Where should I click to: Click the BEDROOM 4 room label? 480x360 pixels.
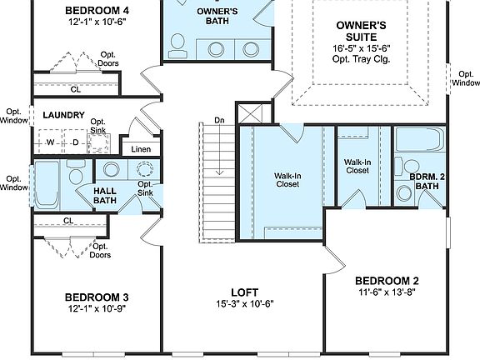point(98,11)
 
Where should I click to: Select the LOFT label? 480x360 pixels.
point(243,292)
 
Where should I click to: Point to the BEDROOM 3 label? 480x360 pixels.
point(97,297)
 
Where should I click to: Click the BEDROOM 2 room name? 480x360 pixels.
point(386,281)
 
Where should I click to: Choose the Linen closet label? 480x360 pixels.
point(140,150)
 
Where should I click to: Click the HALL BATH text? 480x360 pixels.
point(105,195)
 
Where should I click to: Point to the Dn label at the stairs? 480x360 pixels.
point(219,121)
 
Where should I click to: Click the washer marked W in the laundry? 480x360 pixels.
point(50,142)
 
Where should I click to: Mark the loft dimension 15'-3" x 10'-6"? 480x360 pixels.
point(243,304)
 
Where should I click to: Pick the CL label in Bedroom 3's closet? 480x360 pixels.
point(68,221)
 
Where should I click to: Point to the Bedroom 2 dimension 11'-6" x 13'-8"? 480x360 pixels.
point(386,293)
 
